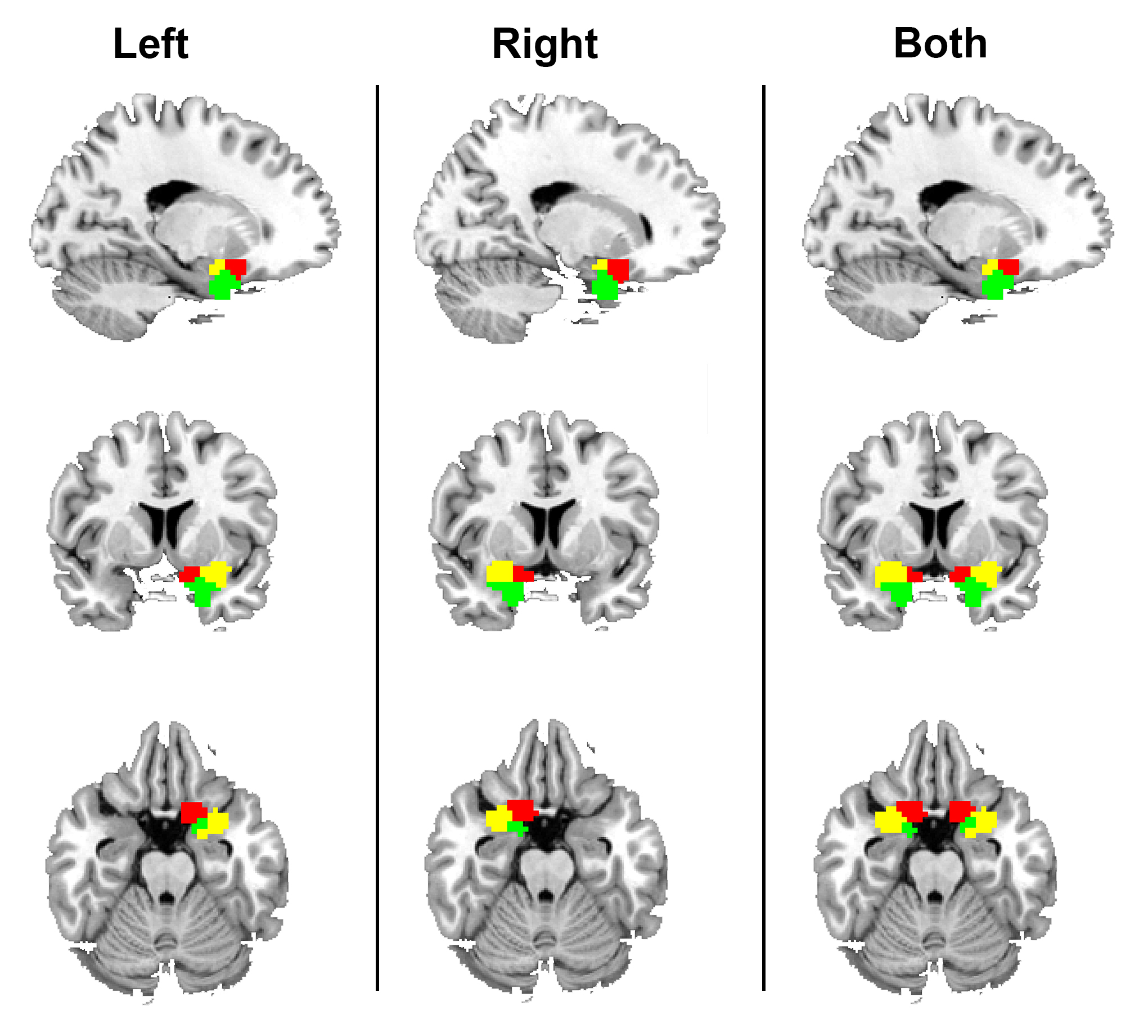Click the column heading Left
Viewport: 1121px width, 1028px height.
150,44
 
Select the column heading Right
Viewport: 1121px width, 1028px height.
544,44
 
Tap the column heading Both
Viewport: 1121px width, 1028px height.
940,44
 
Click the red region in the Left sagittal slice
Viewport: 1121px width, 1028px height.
236,266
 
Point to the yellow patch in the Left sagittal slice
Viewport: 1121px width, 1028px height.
215,267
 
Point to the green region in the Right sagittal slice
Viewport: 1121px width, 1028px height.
605,286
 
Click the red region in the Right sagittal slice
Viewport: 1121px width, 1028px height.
618,268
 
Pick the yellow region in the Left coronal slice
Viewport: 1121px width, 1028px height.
215,573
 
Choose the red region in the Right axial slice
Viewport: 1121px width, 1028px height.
521,809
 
